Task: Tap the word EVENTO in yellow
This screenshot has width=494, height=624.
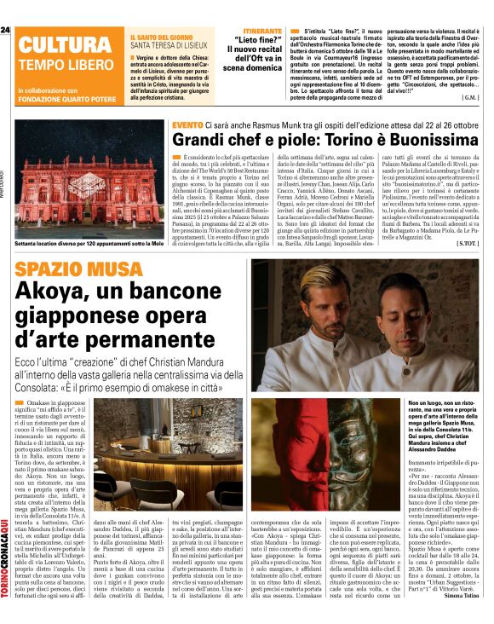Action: (x=187, y=125)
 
